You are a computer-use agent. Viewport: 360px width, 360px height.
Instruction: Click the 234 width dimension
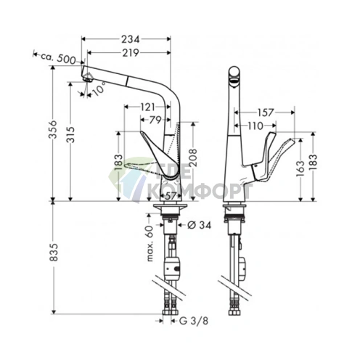coord(131,39)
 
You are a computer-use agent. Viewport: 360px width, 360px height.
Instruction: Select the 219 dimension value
coord(131,53)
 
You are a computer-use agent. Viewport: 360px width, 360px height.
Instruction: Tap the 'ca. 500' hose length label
coord(58,58)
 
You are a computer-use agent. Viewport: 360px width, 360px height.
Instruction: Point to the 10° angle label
coord(99,88)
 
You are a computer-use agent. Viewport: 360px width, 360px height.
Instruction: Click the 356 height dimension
coord(53,129)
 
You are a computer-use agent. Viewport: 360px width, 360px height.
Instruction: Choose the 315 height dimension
coord(71,134)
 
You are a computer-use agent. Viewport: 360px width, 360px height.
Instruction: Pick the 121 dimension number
coord(147,107)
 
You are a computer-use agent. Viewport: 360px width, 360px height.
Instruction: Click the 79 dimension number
coord(155,120)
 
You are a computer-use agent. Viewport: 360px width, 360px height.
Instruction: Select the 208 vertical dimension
coord(193,157)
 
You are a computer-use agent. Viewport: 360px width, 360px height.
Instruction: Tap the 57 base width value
coord(171,196)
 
